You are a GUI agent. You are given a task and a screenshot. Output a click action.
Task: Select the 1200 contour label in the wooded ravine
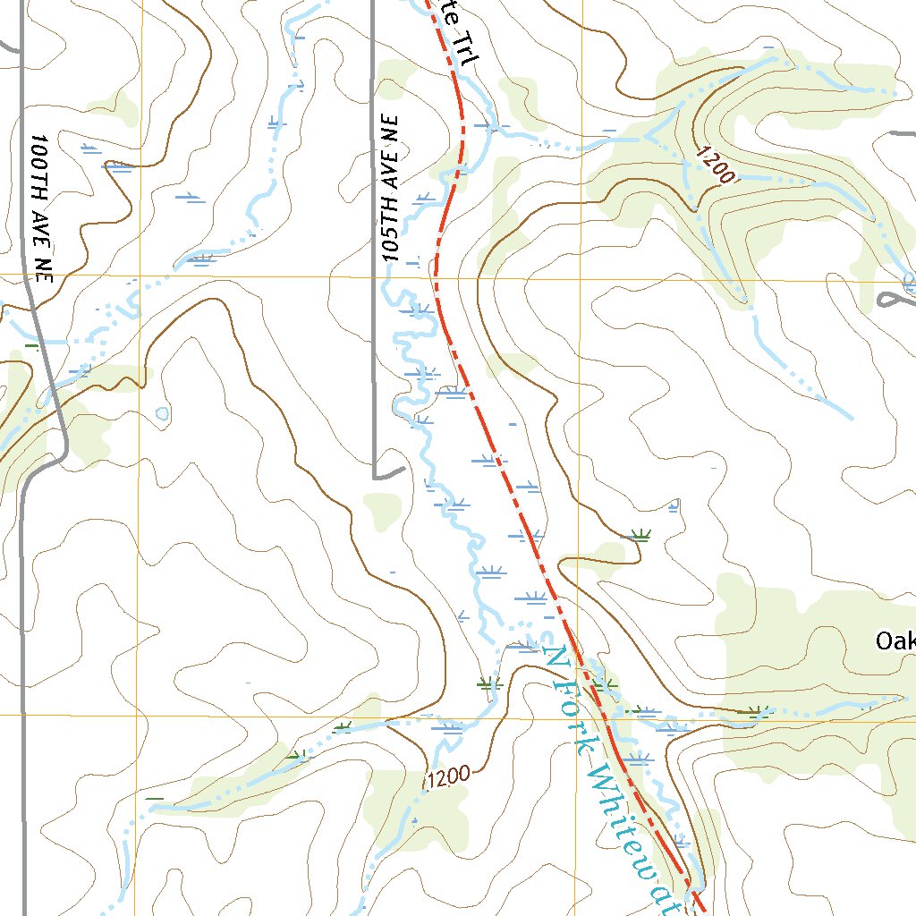tap(715, 165)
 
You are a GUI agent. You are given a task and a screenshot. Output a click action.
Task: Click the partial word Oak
tap(895, 641)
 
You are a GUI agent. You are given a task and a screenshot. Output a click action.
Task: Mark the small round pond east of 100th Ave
tap(162, 413)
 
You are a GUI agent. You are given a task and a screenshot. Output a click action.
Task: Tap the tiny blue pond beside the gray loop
tap(910, 284)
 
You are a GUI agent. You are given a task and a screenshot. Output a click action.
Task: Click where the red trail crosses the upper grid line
tap(436, 277)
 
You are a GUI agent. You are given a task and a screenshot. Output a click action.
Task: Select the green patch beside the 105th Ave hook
tap(382, 509)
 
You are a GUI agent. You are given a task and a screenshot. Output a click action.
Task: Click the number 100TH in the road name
tap(38, 160)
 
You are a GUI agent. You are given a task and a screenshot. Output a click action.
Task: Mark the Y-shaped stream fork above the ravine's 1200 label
tap(649, 134)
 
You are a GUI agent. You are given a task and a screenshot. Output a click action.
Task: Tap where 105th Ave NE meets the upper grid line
tap(373, 277)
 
